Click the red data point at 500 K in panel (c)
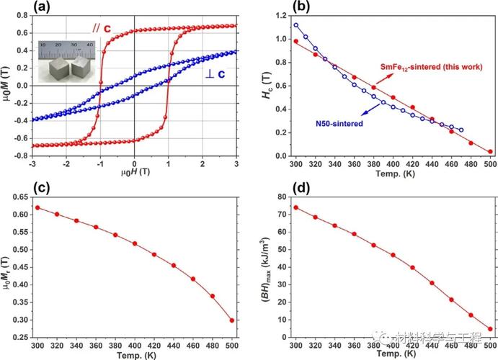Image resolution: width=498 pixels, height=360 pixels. click(x=231, y=320)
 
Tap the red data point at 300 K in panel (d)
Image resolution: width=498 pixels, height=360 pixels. click(x=295, y=207)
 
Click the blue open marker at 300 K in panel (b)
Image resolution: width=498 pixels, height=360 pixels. click(x=295, y=25)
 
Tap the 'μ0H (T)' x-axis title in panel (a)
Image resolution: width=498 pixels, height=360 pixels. click(x=134, y=174)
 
